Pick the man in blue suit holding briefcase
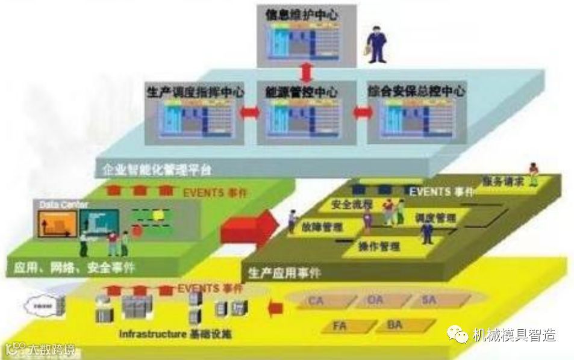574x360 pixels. click(x=376, y=45)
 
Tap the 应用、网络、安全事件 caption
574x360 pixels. click(x=72, y=266)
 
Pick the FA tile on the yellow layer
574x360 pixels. click(x=341, y=326)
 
